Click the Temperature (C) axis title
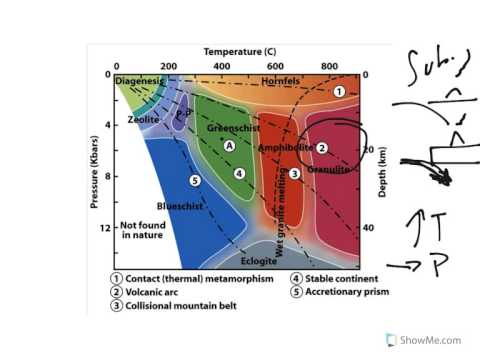(240, 50)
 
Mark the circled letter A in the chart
(229, 146)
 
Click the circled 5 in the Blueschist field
(195, 180)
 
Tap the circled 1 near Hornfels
(339, 91)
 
